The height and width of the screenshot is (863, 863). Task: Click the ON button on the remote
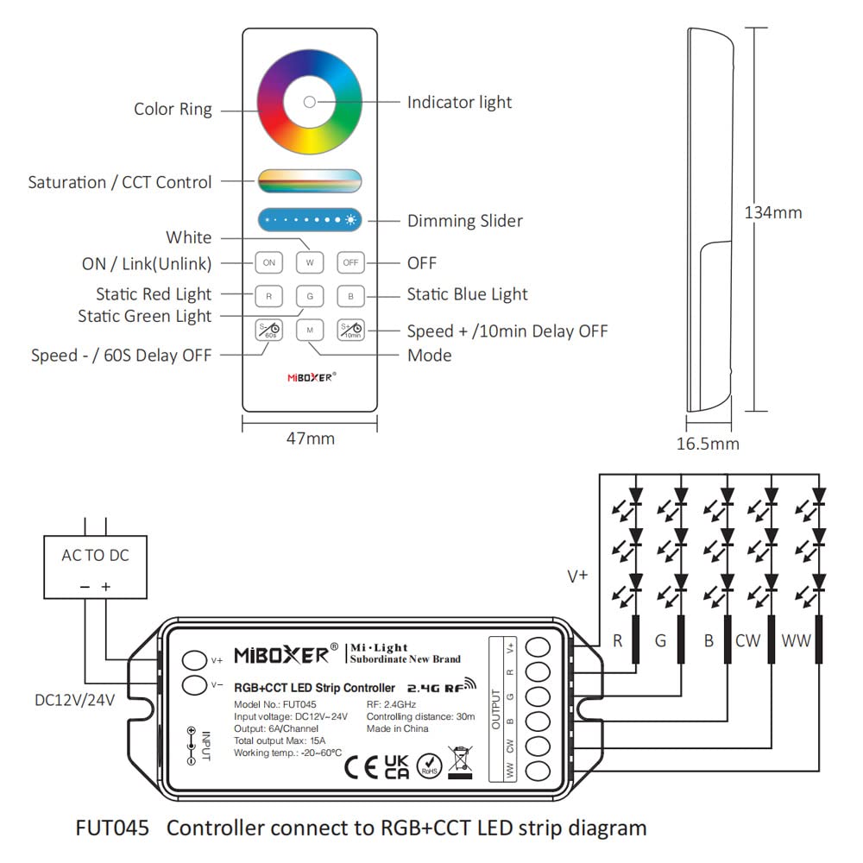click(269, 262)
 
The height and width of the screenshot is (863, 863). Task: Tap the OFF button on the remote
click(350, 262)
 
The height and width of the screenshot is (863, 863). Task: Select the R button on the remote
click(269, 297)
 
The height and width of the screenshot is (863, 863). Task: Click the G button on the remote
click(310, 297)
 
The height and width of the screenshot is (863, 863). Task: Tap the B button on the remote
click(350, 297)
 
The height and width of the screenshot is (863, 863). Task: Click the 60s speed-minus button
click(269, 331)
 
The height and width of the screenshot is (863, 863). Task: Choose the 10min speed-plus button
click(350, 331)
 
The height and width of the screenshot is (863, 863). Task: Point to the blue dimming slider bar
click(310, 221)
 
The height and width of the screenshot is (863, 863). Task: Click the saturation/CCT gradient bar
click(310, 181)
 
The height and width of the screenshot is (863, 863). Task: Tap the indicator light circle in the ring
click(310, 103)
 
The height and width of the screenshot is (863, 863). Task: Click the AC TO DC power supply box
click(95, 565)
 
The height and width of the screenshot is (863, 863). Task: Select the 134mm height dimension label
click(773, 212)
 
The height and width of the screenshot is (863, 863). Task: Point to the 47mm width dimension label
click(310, 438)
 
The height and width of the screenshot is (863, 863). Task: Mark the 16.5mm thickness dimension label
click(708, 444)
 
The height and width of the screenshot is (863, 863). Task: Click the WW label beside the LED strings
click(797, 641)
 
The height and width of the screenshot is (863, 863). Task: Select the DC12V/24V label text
click(72, 698)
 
